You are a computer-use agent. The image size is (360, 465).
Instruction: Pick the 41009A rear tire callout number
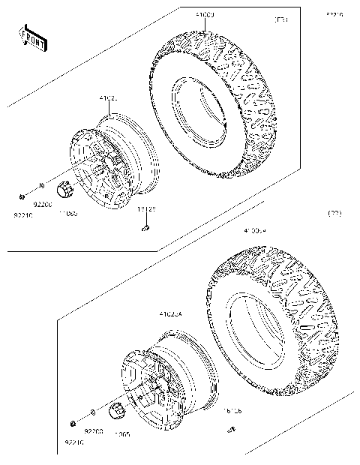[x=255, y=232]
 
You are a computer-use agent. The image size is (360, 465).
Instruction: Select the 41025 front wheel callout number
[x=109, y=98]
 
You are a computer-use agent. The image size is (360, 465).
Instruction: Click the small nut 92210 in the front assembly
[x=22, y=196]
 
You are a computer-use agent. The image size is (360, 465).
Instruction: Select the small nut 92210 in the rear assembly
[x=73, y=424]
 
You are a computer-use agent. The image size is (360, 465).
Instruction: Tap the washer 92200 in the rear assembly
[x=91, y=412]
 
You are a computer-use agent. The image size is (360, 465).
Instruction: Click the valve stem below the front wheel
[x=147, y=228]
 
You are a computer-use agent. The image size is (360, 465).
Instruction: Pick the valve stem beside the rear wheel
[x=231, y=429]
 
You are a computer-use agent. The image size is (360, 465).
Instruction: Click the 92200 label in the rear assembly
[x=93, y=431]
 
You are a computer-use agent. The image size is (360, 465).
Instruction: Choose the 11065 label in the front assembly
[x=68, y=213]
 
